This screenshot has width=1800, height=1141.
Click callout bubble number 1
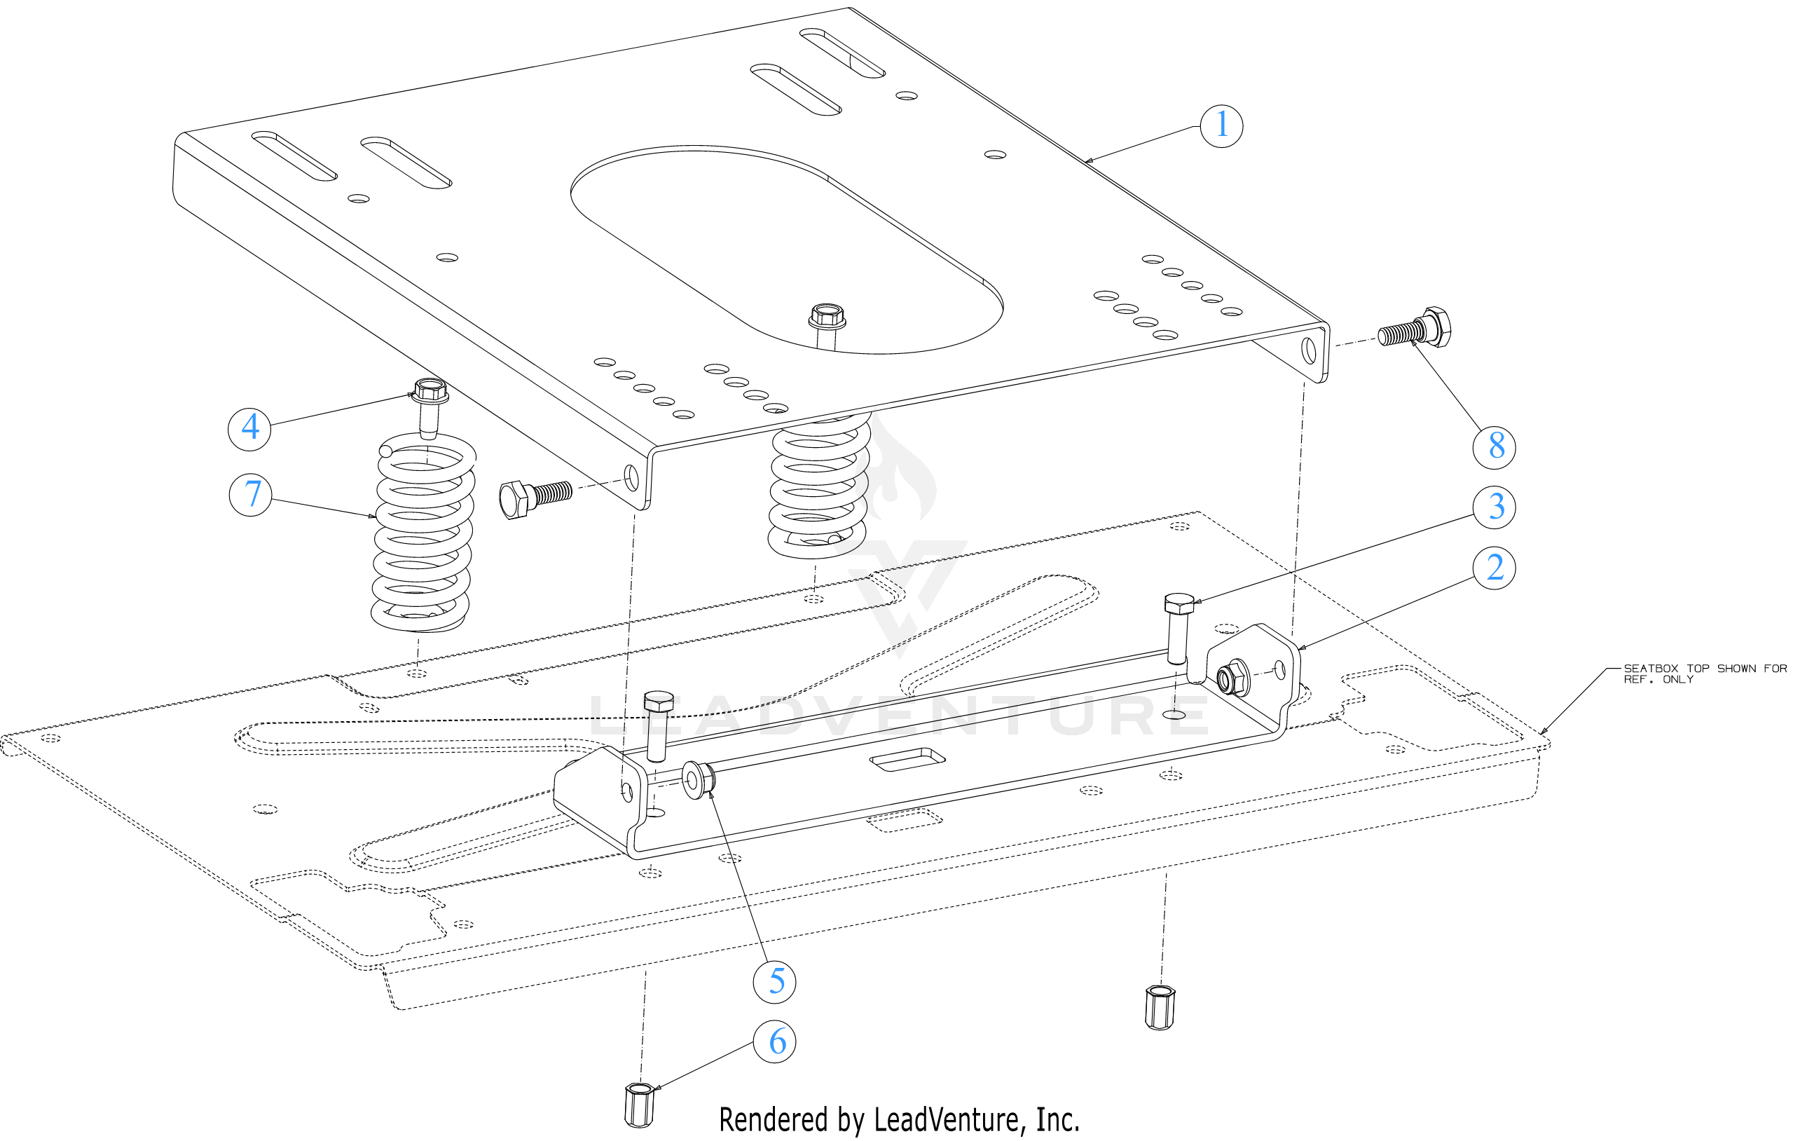pos(1221,125)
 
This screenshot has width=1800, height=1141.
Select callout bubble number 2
pos(1494,568)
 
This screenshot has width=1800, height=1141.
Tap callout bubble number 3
pos(1494,507)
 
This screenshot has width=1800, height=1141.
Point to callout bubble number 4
pos(249,428)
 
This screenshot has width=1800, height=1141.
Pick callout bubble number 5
pos(774,982)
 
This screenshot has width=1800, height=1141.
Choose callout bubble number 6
pos(774,1041)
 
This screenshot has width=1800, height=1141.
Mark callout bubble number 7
pos(250,494)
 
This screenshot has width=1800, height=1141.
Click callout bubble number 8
pos(1494,446)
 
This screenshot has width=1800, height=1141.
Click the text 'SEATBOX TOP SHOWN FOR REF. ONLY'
pos(1704,673)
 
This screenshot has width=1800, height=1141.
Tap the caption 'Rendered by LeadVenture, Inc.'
pos(898,1120)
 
